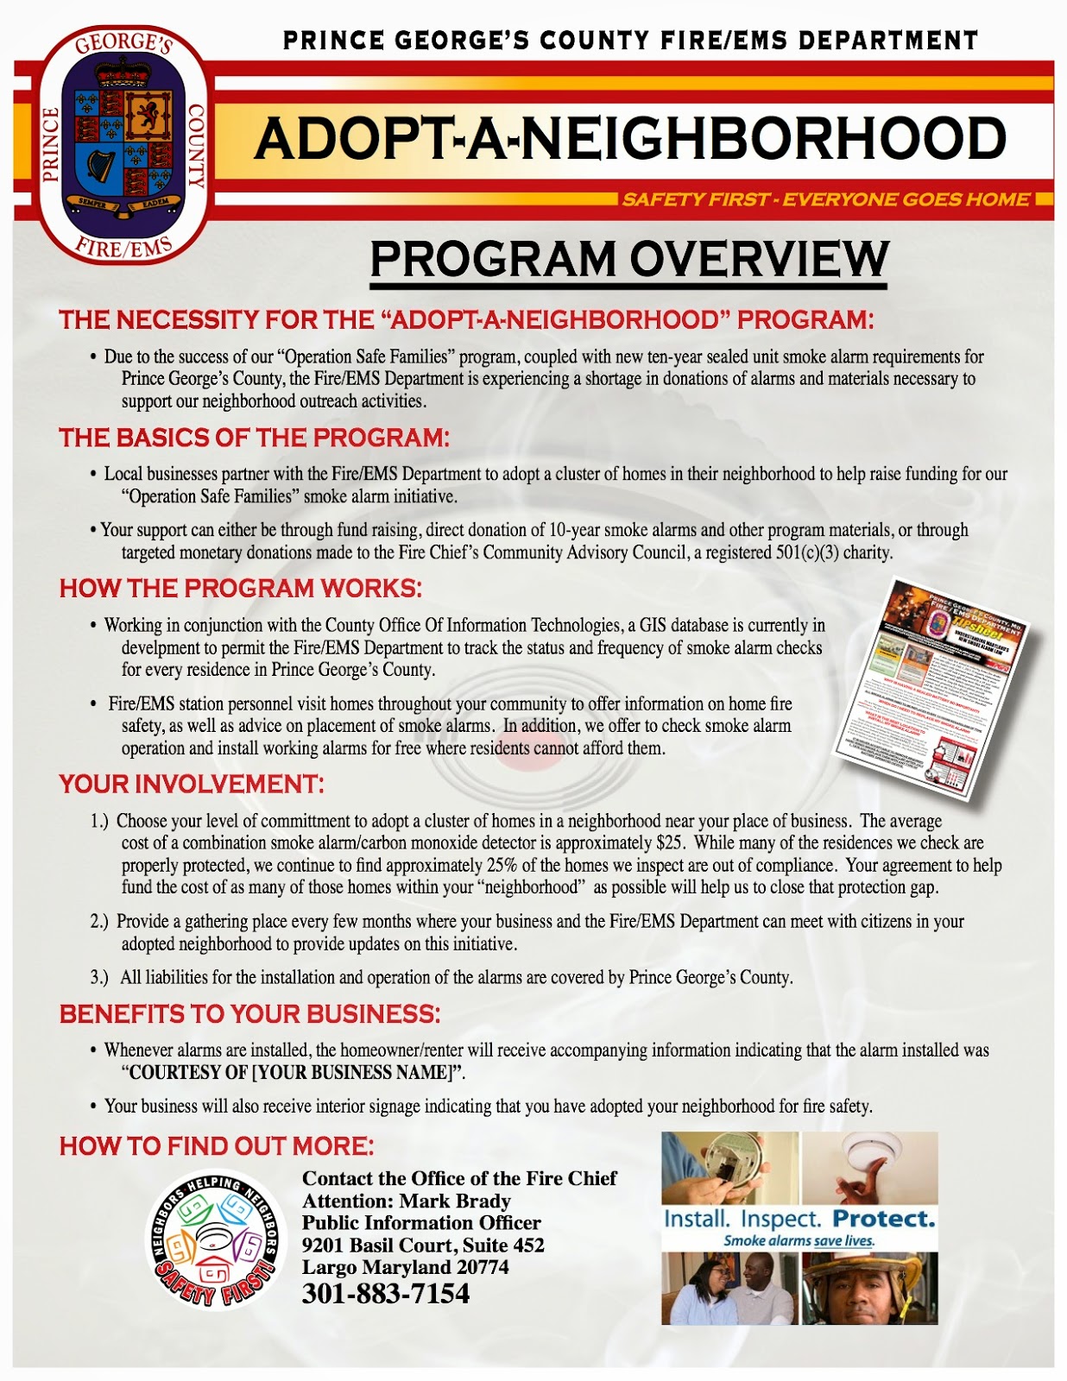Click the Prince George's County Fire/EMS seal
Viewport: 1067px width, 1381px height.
123,143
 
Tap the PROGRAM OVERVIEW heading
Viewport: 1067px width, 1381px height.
628,259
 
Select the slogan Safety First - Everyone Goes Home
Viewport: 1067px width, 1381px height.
825,199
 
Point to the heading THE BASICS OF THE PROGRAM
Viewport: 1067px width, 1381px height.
254,438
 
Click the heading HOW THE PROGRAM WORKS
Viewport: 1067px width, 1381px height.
240,589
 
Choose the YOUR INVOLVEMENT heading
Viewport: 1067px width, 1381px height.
191,785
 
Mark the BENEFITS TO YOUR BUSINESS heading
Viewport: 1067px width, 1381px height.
249,1014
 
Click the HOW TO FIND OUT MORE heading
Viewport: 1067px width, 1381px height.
217,1146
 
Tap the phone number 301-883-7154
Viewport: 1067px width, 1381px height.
385,1293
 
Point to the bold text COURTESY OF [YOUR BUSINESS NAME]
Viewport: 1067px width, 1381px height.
293,1073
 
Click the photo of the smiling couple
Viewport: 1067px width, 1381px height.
729,1288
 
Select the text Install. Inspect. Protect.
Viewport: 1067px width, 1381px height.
799,1220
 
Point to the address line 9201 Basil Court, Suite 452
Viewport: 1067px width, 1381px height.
422,1245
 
